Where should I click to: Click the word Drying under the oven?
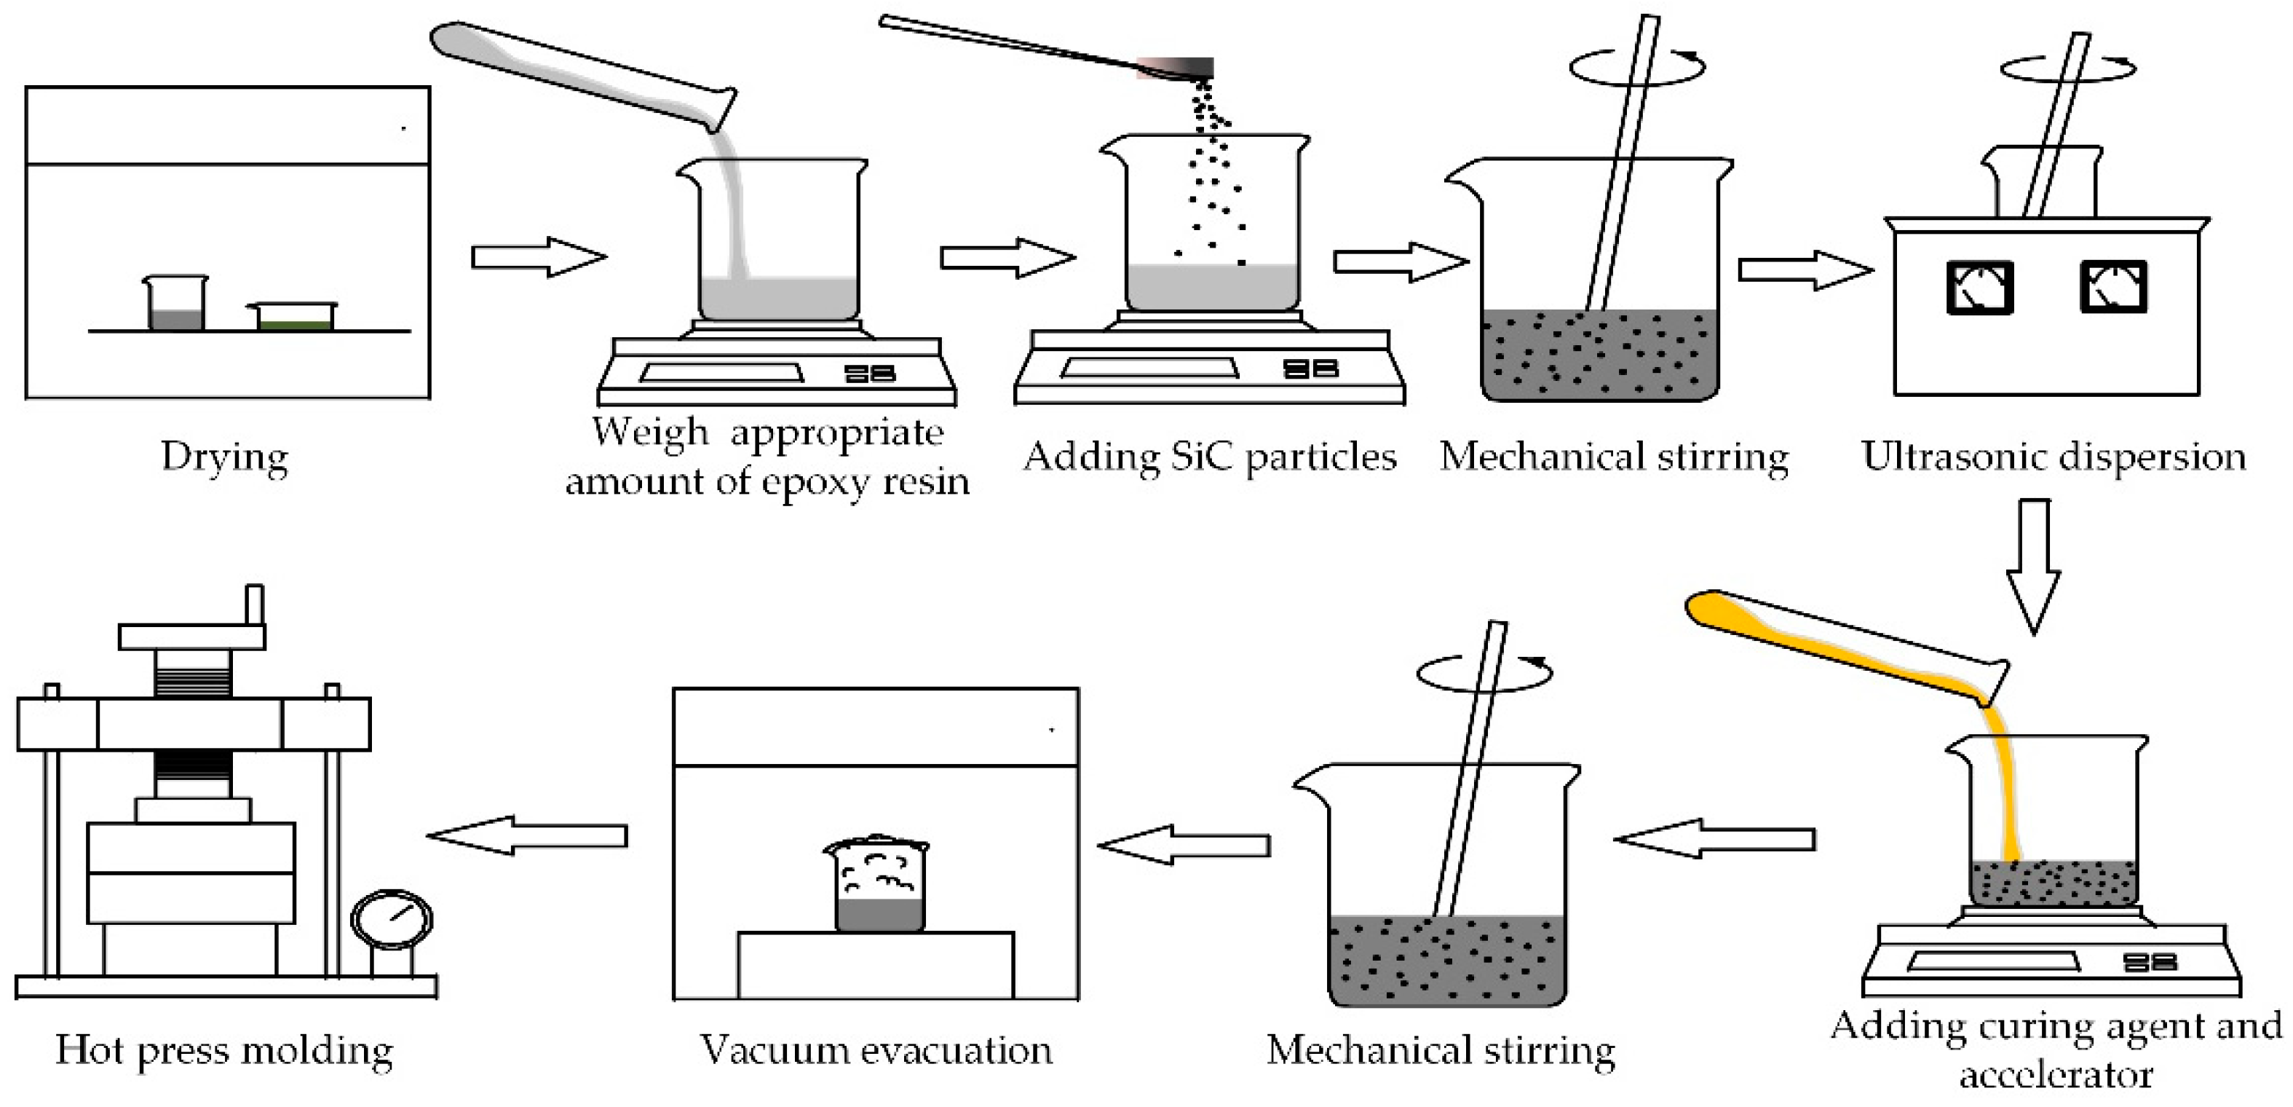[x=224, y=457]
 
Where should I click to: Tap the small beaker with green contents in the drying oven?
[x=295, y=317]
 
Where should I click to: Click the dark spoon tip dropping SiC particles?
[x=1184, y=68]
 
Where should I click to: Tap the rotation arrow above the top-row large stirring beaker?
[x=1638, y=67]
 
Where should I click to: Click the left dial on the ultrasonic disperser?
[x=1980, y=287]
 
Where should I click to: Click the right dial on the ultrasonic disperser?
[x=2113, y=287]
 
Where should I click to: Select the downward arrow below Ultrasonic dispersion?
[x=2034, y=566]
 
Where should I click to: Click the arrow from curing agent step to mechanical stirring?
[x=1714, y=839]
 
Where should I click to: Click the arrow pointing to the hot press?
[x=528, y=835]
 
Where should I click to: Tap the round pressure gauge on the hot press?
[x=392, y=919]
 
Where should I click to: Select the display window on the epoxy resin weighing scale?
[x=721, y=372]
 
